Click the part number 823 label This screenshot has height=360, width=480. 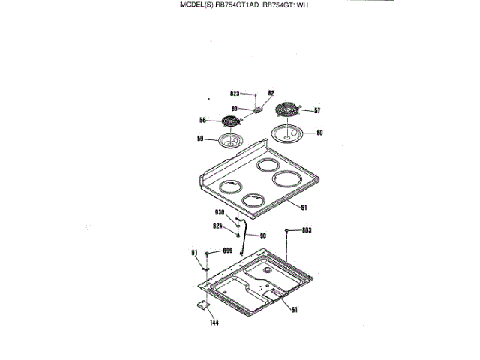pos(234,94)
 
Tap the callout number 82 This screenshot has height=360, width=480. pos(271,94)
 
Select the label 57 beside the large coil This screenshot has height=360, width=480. pos(317,111)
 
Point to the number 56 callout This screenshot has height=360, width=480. pos(202,121)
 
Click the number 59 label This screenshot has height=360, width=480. pos(200,139)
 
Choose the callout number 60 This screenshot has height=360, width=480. pos(319,133)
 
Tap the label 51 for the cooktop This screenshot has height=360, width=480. pos(304,207)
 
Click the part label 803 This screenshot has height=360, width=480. pos(307,230)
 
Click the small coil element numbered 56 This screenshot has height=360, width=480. pos(231,121)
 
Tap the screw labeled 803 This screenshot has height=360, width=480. pos(287,230)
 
